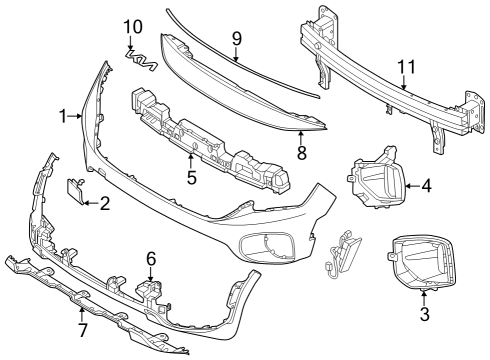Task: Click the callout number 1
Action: (62, 116)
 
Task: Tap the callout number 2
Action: (105, 203)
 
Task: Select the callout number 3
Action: (424, 314)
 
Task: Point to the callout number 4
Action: (426, 186)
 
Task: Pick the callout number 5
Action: (192, 177)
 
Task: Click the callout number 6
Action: (151, 259)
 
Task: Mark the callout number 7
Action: (82, 330)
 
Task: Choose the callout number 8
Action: (301, 153)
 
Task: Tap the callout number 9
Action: (236, 39)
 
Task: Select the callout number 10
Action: (133, 27)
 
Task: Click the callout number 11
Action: (407, 67)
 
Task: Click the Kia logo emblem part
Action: (141, 60)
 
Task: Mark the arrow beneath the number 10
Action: (130, 43)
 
